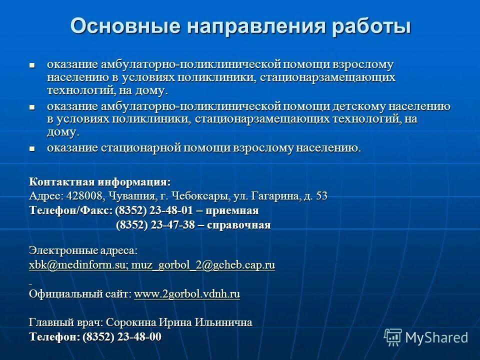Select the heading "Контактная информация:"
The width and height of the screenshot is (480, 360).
pos(99,181)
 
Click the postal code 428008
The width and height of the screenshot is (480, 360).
pos(83,196)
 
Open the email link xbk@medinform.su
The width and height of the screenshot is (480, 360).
pos(78,265)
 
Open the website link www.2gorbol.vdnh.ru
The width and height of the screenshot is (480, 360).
pos(187,294)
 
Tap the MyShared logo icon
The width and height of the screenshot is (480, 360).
pos(392,337)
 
